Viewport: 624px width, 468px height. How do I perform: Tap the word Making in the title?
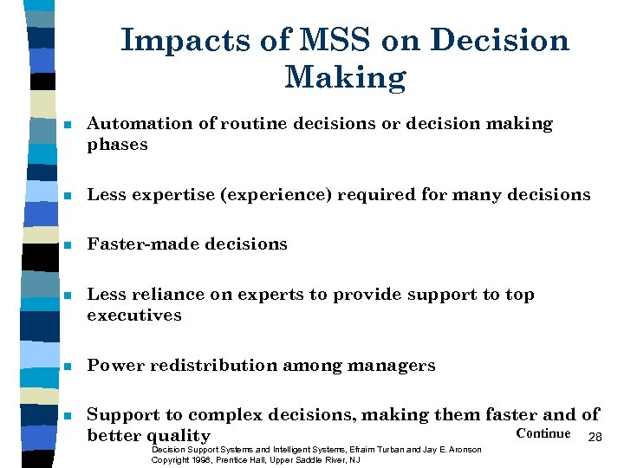pos(344,79)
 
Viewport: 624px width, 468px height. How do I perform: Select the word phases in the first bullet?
pos(117,146)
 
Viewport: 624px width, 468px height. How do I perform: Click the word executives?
pos(134,316)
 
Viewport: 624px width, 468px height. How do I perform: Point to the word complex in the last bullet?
pos(219,415)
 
